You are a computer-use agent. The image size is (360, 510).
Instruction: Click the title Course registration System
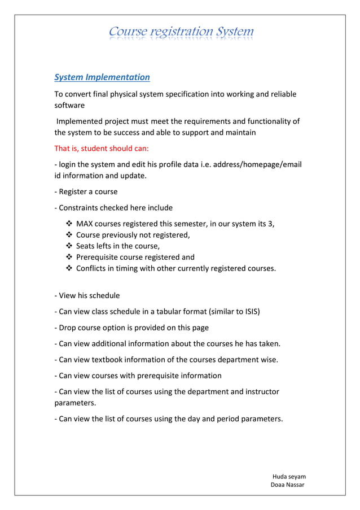click(x=181, y=32)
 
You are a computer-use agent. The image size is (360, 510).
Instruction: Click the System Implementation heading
click(x=102, y=77)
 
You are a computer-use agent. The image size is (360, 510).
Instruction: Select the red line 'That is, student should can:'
click(x=101, y=149)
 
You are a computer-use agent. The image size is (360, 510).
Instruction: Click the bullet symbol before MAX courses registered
click(x=69, y=224)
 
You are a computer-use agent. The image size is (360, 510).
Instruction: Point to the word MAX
click(x=85, y=224)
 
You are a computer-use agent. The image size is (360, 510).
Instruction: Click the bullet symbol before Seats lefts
click(x=69, y=246)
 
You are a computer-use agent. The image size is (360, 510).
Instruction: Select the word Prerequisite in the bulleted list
click(x=98, y=257)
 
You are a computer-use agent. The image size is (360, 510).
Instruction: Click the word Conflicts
click(x=94, y=268)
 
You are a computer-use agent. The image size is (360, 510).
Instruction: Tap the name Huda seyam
click(x=289, y=476)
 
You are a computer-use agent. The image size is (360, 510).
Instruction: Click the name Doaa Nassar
click(x=287, y=485)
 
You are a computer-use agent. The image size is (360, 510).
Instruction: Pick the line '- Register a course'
click(x=86, y=191)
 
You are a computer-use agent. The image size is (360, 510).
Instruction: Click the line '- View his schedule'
click(x=87, y=295)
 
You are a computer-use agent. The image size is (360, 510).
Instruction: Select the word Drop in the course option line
click(x=68, y=328)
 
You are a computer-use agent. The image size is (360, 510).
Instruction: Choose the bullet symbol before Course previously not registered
click(x=69, y=235)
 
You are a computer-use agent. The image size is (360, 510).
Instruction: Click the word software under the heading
click(x=69, y=105)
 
